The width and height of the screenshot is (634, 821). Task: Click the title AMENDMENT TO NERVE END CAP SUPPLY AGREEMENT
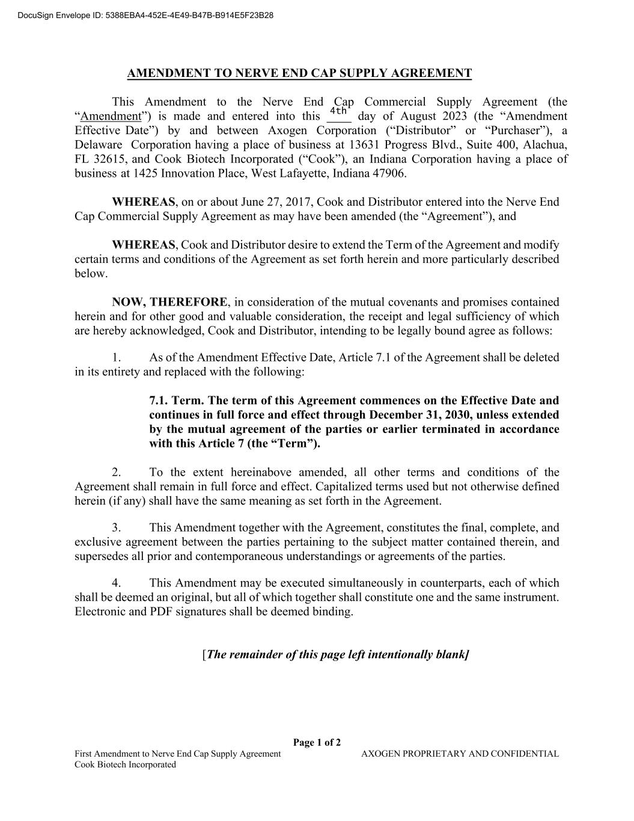click(299, 73)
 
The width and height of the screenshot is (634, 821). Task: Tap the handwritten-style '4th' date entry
click(339, 111)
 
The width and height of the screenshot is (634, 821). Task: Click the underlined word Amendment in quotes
click(111, 116)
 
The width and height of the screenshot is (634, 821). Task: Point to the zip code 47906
click(388, 174)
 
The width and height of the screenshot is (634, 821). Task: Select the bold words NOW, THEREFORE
click(170, 302)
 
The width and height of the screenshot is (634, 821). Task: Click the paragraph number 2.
click(116, 472)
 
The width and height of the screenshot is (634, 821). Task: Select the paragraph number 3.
click(116, 527)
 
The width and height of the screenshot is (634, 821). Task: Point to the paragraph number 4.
click(116, 583)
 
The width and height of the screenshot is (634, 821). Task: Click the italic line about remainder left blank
click(335, 654)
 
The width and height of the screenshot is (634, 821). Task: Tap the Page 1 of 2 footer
click(317, 743)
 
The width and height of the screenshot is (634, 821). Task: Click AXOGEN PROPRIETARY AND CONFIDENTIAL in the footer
click(460, 754)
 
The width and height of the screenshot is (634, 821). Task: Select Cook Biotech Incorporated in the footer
click(125, 764)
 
